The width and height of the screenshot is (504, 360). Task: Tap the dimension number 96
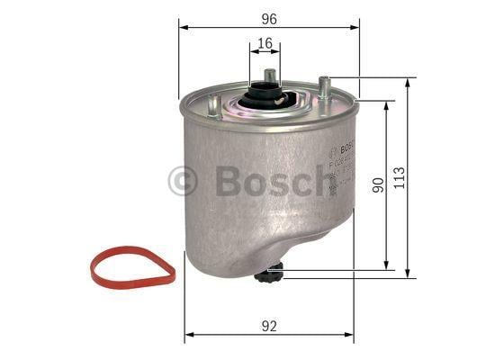coord(269,16)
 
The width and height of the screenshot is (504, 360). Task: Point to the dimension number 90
coord(379,184)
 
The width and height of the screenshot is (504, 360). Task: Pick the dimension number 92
coord(267,328)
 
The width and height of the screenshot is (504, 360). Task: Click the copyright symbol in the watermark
coord(184,181)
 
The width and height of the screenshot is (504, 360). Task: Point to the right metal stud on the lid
coord(323,88)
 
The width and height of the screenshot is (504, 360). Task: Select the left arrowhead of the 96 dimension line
coord(183,27)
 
